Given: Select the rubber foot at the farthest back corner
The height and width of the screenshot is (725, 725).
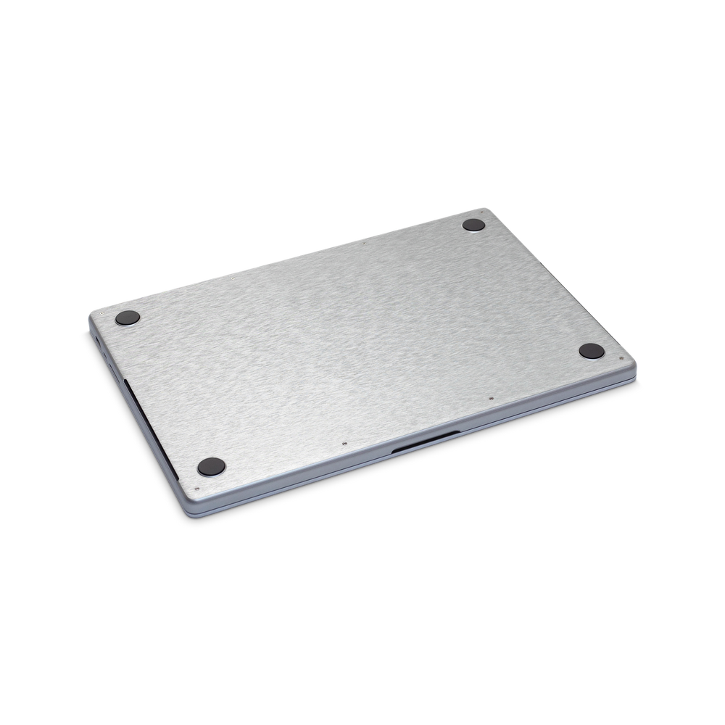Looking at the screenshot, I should [x=474, y=225].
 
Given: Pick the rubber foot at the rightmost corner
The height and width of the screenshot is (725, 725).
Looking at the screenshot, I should [x=590, y=351].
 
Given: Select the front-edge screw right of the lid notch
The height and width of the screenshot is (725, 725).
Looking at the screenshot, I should [x=492, y=397].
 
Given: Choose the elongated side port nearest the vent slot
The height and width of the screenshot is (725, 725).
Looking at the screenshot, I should [x=104, y=359].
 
